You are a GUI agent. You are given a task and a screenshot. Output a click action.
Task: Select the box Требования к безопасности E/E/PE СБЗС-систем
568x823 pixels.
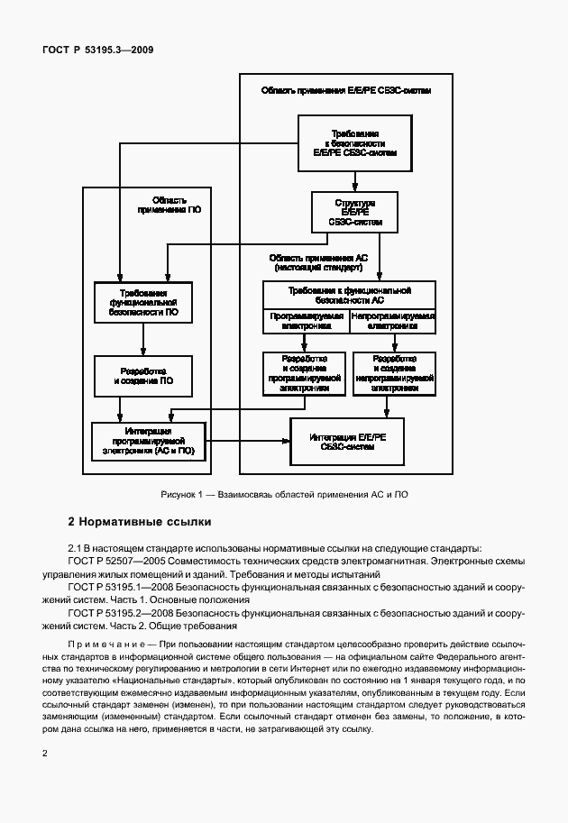pyautogui.click(x=348, y=143)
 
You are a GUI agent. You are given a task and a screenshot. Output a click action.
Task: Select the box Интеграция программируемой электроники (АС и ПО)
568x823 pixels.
pyautogui.click(x=149, y=441)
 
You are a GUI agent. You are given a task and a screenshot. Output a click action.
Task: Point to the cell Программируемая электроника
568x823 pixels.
pyautogui.click(x=306, y=322)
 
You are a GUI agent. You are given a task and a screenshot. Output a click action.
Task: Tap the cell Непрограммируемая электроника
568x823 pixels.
pyautogui.click(x=392, y=322)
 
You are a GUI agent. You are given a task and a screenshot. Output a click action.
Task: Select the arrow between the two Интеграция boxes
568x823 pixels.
pyautogui.click(x=248, y=441)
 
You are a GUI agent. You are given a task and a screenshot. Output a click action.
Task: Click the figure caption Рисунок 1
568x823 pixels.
pyautogui.click(x=284, y=495)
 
